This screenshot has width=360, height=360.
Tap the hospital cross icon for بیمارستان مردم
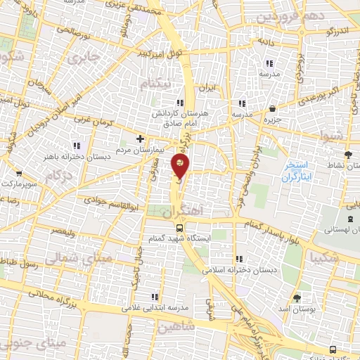pyautogui.click(x=141, y=139)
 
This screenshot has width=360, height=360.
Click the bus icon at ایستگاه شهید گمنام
pyautogui.click(x=180, y=228)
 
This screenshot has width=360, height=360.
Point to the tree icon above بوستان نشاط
pyautogui.click(x=349, y=154)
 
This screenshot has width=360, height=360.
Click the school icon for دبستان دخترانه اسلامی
pyautogui.click(x=242, y=257)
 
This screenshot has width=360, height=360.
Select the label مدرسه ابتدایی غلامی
pyautogui.click(x=151, y=308)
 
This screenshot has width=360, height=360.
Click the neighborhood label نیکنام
pyautogui.click(x=156, y=85)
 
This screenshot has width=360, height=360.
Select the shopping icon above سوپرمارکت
pyautogui.click(x=18, y=173)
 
